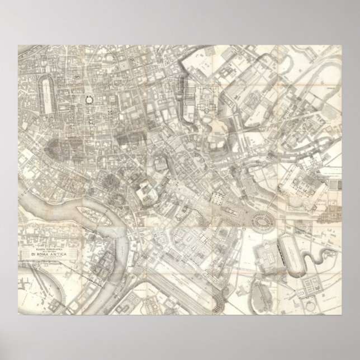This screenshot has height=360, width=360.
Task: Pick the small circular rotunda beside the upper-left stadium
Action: [x=88, y=100]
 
